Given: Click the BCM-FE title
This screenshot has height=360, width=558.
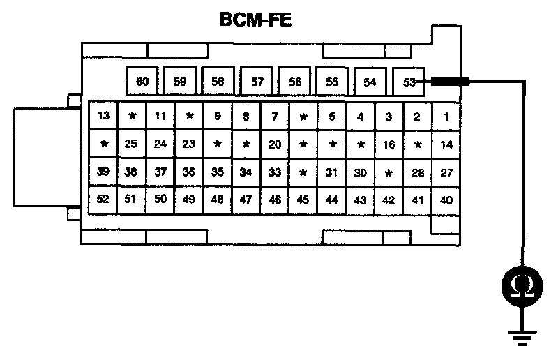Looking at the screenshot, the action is click(255, 21).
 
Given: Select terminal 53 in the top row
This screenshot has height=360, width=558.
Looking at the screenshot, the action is click(409, 82).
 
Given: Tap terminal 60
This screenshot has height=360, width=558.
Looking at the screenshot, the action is click(142, 82).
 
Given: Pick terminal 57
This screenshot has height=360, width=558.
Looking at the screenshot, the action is click(257, 82).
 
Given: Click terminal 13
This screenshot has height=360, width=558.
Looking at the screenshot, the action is click(104, 116).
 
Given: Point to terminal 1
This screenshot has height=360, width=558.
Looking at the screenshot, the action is click(446, 116).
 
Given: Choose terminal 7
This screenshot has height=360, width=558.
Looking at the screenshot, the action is click(275, 116).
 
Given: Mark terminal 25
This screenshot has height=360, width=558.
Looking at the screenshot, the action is click(131, 144).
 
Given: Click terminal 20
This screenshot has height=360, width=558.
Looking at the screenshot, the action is click(275, 144).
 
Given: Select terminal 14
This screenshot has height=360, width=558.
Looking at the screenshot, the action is click(446, 144).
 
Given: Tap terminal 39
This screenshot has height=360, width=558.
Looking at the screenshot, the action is click(103, 172).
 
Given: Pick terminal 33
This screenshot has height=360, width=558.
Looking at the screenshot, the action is click(275, 172).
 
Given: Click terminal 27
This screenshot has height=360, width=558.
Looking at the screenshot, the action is click(446, 172).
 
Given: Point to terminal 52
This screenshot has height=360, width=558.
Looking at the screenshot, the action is click(103, 200).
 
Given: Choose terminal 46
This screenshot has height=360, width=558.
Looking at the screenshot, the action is click(275, 200).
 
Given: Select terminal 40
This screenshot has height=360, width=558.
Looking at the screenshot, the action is click(446, 200).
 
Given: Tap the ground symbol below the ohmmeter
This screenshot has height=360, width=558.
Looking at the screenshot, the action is click(520, 338).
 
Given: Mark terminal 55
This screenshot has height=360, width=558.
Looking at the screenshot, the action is click(332, 82).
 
